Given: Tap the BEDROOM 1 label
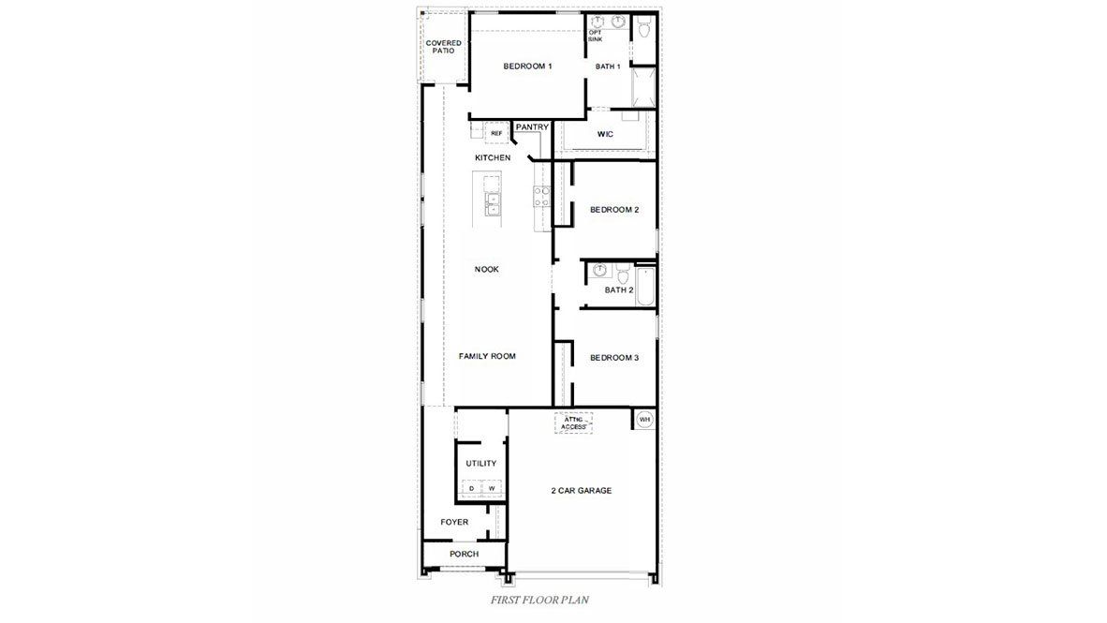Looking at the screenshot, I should click(x=527, y=67).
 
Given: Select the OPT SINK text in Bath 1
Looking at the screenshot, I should click(x=596, y=36).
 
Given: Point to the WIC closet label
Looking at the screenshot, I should click(x=605, y=135).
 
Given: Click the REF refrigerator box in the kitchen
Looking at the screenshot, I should click(x=496, y=134).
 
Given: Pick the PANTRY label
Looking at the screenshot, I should click(x=532, y=127).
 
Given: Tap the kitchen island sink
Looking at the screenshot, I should click(x=492, y=202).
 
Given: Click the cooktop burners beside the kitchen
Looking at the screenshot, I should click(x=540, y=195).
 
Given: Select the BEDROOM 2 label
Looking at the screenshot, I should click(x=613, y=210).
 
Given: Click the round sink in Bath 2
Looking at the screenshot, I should click(x=599, y=271).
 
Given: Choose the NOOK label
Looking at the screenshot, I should click(x=487, y=270).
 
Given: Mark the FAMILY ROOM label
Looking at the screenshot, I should click(x=487, y=357).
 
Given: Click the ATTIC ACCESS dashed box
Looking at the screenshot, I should click(x=574, y=423).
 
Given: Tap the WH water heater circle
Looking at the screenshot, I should click(x=644, y=420).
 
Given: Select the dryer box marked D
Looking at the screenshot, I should click(x=471, y=489).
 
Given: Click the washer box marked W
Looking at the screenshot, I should click(x=492, y=489).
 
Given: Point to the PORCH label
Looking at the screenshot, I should click(x=464, y=555).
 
